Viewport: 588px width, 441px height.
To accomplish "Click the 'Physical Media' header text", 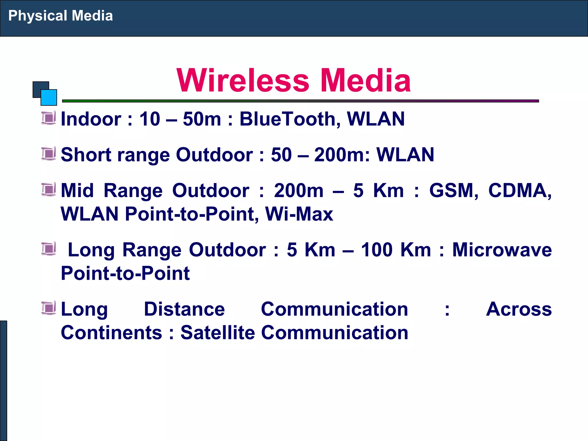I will [60, 16].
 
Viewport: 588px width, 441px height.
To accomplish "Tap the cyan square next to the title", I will [49, 97].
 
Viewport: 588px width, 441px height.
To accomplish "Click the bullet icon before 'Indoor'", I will [49, 118].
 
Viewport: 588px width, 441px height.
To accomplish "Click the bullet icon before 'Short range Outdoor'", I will [49, 154].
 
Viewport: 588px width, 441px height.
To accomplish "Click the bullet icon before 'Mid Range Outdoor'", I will [49, 189].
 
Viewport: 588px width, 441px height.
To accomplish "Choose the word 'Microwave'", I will [502, 249].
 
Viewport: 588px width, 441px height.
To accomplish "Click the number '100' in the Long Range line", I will [376, 249].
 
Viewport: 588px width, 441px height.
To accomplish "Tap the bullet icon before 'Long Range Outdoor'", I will [49, 249].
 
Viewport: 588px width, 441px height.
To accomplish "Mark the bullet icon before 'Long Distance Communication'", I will [49, 308].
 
